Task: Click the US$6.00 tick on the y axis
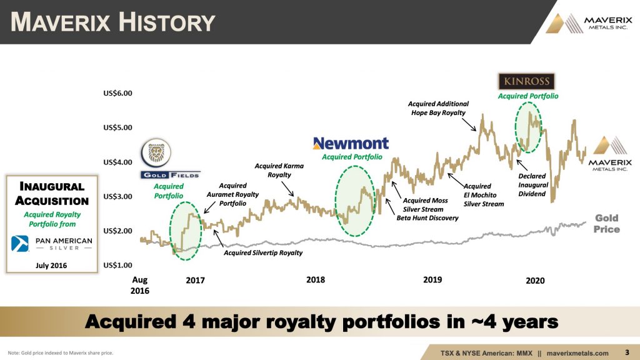click(x=117, y=93)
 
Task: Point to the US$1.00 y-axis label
click(x=117, y=265)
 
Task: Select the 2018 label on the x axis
click(x=316, y=280)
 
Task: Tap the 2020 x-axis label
click(x=535, y=281)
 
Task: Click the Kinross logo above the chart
click(x=526, y=81)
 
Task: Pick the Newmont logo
click(x=351, y=143)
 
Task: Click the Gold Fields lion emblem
click(x=156, y=152)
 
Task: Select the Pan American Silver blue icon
click(x=19, y=244)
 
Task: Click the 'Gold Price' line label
click(x=606, y=224)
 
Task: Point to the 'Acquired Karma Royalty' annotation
click(x=279, y=170)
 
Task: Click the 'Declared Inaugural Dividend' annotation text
click(x=532, y=185)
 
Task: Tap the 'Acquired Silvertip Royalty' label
click(x=263, y=253)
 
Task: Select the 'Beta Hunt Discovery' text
click(x=427, y=218)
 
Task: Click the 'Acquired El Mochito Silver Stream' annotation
click(x=484, y=195)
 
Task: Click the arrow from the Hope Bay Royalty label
click(x=469, y=125)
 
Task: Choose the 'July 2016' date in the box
click(x=51, y=266)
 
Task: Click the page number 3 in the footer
click(x=627, y=352)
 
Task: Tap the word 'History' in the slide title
click(x=167, y=22)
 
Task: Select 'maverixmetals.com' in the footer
click(x=577, y=353)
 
